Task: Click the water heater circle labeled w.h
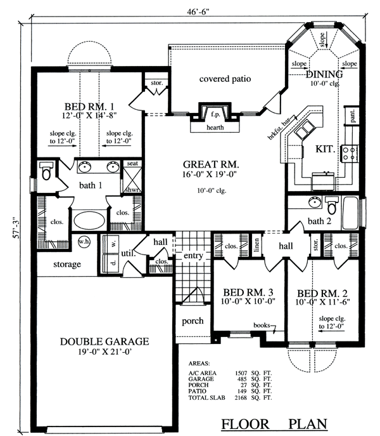coord(84,241)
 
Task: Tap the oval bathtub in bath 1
coord(89,221)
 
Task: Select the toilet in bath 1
coord(46,171)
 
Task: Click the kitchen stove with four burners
coord(350,154)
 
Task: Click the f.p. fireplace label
coord(215,114)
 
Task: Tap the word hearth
coord(215,128)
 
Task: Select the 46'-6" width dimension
coord(198,11)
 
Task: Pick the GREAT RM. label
coord(211,164)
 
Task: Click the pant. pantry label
coord(353,116)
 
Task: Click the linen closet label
coord(256,245)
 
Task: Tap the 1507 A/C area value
coord(241,373)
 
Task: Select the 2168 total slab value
coord(241,398)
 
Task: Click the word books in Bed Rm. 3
coord(262,325)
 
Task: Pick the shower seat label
coord(132,164)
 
